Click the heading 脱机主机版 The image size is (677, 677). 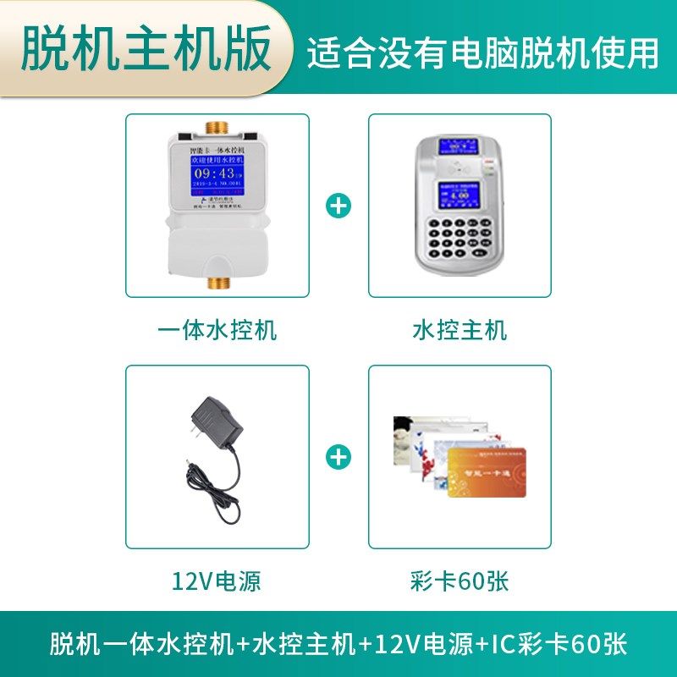point(146,47)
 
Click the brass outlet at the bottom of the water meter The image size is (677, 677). point(218,283)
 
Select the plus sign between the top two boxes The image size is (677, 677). point(339,206)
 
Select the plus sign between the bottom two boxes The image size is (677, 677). point(339,457)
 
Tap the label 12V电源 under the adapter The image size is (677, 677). point(217,581)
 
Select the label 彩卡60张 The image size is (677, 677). point(460,581)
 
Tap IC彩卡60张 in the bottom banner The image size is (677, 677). point(559,643)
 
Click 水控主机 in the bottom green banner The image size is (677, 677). point(303,643)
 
